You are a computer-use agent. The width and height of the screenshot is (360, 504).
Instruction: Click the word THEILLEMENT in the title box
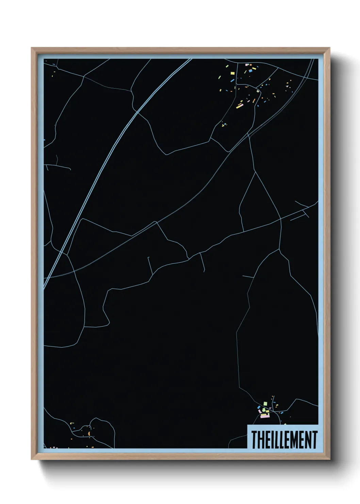click(x=284, y=440)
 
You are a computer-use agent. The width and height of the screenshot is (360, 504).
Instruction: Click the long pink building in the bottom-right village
click(x=265, y=416)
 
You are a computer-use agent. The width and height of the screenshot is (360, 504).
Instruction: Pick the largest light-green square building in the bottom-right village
click(x=265, y=404)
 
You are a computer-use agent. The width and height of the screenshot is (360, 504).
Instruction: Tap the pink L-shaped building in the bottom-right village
click(x=260, y=412)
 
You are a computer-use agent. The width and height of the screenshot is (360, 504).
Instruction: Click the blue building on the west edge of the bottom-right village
click(x=258, y=407)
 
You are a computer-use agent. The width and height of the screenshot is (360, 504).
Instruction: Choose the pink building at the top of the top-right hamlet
click(x=247, y=64)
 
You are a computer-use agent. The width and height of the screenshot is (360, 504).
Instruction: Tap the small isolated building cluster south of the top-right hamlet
click(x=224, y=125)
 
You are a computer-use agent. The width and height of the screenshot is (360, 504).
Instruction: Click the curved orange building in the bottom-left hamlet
click(x=89, y=434)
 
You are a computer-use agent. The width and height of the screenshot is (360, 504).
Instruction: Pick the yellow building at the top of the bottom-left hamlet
click(x=72, y=423)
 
